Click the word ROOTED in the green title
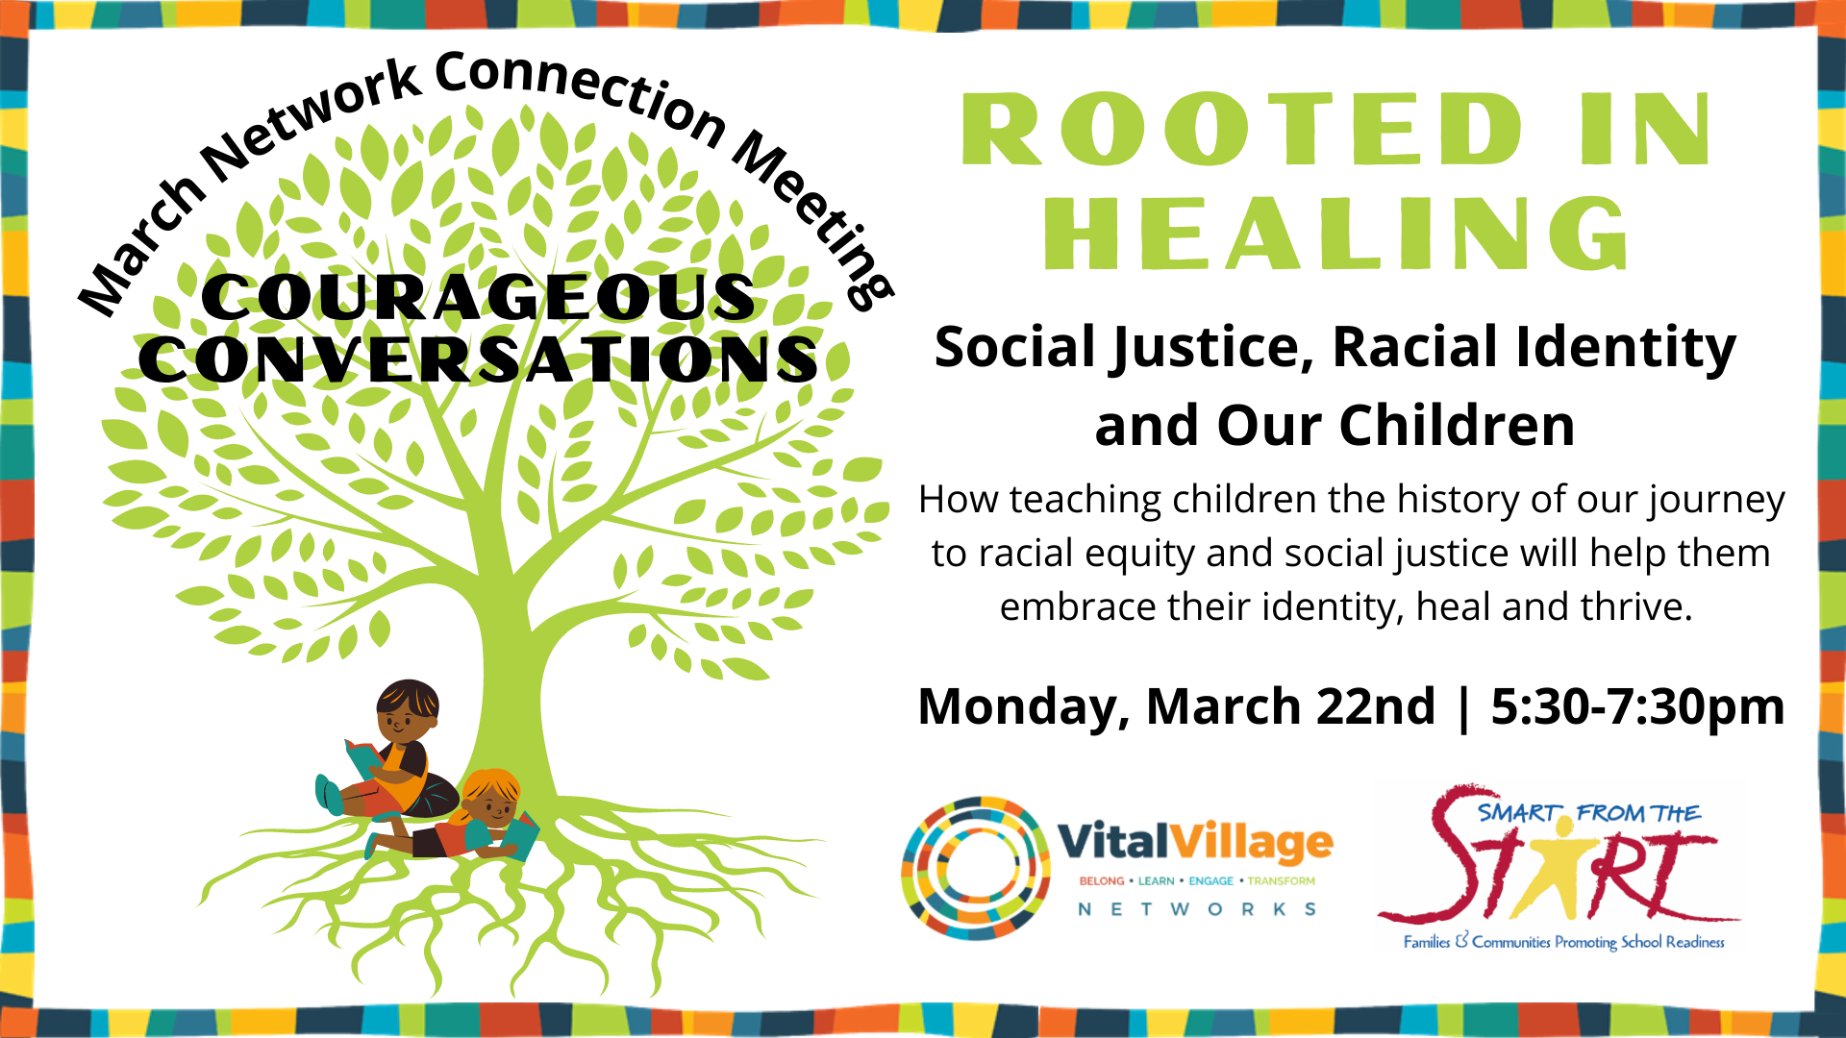[x=1242, y=130]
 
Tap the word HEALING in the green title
[x=1336, y=234]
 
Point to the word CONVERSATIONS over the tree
[x=478, y=359]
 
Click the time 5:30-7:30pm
[x=1637, y=708]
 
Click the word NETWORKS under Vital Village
[x=1197, y=909]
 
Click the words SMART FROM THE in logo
[x=1589, y=814]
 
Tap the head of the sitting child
[x=408, y=710]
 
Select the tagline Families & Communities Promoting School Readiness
[x=1563, y=942]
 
